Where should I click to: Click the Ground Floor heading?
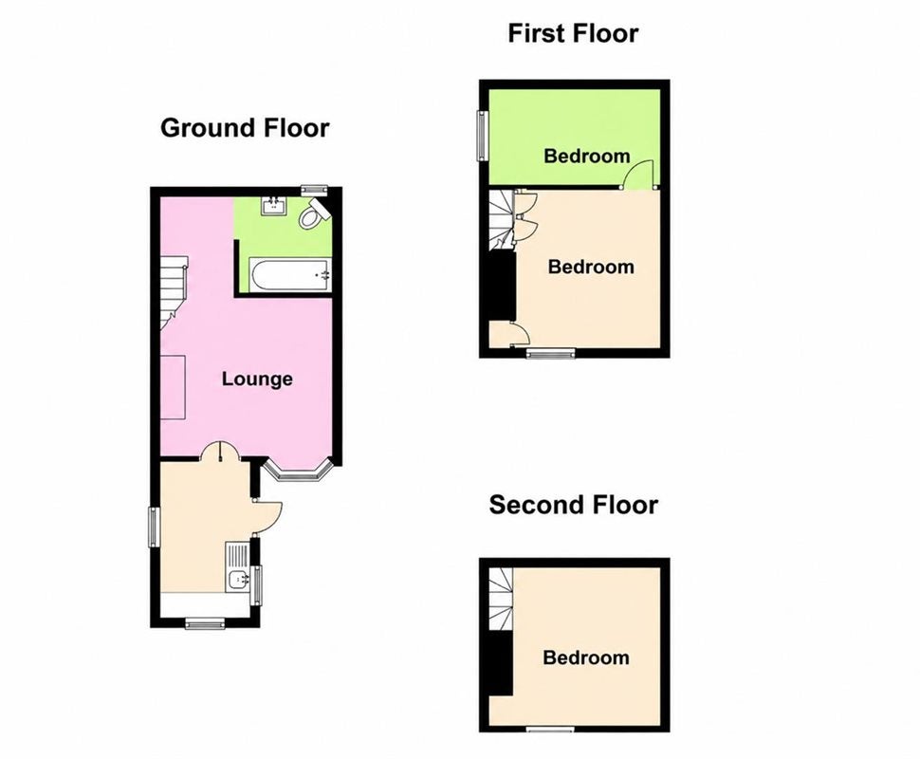(x=245, y=128)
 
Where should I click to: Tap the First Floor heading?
(x=573, y=33)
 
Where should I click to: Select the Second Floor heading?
(x=573, y=505)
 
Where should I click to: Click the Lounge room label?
(x=257, y=379)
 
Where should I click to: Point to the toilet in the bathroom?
(x=313, y=213)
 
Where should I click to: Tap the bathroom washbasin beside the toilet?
(x=274, y=206)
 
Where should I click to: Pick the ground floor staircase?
(x=173, y=293)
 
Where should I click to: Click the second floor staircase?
(x=501, y=600)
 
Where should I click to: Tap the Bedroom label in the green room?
(x=587, y=157)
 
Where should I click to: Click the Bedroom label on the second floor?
(x=585, y=657)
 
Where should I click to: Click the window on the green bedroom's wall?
(x=483, y=136)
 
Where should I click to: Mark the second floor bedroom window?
(x=550, y=729)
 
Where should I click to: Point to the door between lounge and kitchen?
(x=219, y=452)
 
